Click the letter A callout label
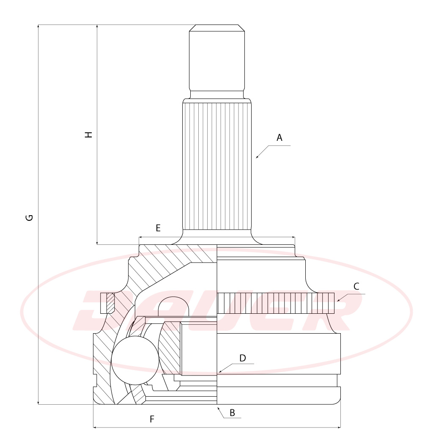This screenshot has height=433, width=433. coord(280,137)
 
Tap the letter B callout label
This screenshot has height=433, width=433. coord(232,413)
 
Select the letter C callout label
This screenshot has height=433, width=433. coord(356,286)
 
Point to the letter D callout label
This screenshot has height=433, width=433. coord(242,358)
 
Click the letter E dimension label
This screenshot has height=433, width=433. coord(158,228)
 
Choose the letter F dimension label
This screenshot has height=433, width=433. coord(152,419)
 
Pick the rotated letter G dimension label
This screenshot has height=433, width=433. coord(29,218)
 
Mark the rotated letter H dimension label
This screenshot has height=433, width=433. coord(88,135)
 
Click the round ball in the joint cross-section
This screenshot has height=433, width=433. coord(135,360)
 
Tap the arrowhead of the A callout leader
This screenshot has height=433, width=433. coord(257,157)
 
